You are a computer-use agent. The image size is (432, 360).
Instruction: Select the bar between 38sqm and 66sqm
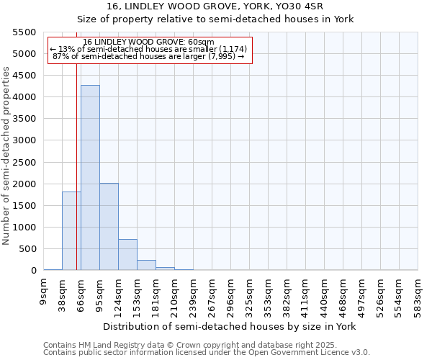click(71, 231)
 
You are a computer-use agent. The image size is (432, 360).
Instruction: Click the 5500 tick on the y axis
click(24, 32)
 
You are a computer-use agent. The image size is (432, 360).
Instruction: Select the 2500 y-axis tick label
click(24, 163)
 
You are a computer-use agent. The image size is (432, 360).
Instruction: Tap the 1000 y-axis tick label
click(24, 228)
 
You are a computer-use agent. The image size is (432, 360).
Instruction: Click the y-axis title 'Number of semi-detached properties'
click(6, 156)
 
